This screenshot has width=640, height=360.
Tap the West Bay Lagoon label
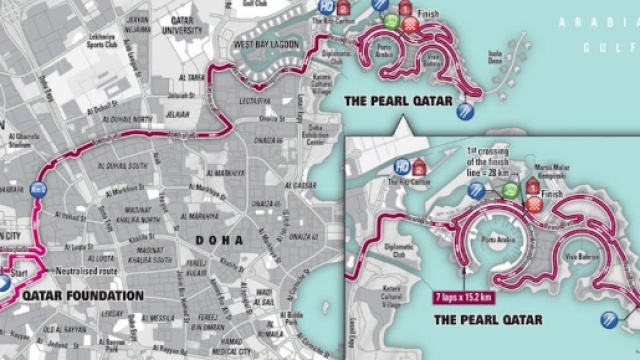263,44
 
